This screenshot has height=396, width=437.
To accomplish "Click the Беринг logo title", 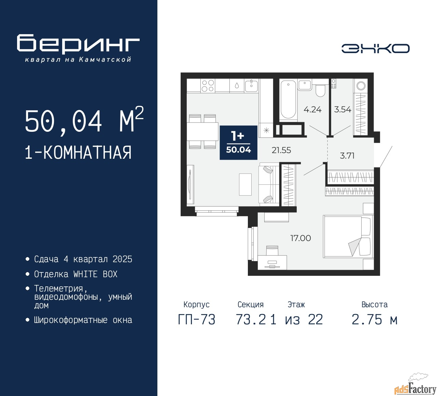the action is (78, 44).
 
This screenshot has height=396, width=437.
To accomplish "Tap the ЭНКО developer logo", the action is (375, 48).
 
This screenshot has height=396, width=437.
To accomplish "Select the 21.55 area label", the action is (281, 150).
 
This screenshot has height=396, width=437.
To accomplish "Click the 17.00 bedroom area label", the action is (301, 238).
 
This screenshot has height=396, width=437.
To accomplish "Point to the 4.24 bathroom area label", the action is (313, 109).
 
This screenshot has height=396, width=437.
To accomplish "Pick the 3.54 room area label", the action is (343, 109).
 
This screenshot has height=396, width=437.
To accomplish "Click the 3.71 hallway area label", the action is (347, 156).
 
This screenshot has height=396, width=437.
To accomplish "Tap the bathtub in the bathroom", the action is (288, 100).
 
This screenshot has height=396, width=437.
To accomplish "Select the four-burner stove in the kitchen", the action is (208, 86).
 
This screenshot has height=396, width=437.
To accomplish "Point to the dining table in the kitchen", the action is (202, 131).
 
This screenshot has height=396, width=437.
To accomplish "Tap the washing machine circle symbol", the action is (361, 86).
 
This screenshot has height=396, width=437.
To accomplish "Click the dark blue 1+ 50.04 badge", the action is (238, 143).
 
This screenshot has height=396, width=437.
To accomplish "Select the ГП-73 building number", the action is (197, 320).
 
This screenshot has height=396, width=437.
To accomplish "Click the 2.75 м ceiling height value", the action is (375, 320).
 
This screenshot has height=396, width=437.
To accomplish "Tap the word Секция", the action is (251, 305).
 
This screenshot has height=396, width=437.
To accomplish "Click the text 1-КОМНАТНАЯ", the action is (78, 153).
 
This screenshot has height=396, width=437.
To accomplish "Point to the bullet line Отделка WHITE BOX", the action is (75, 274).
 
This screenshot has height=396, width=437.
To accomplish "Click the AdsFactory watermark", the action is (415, 388).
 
